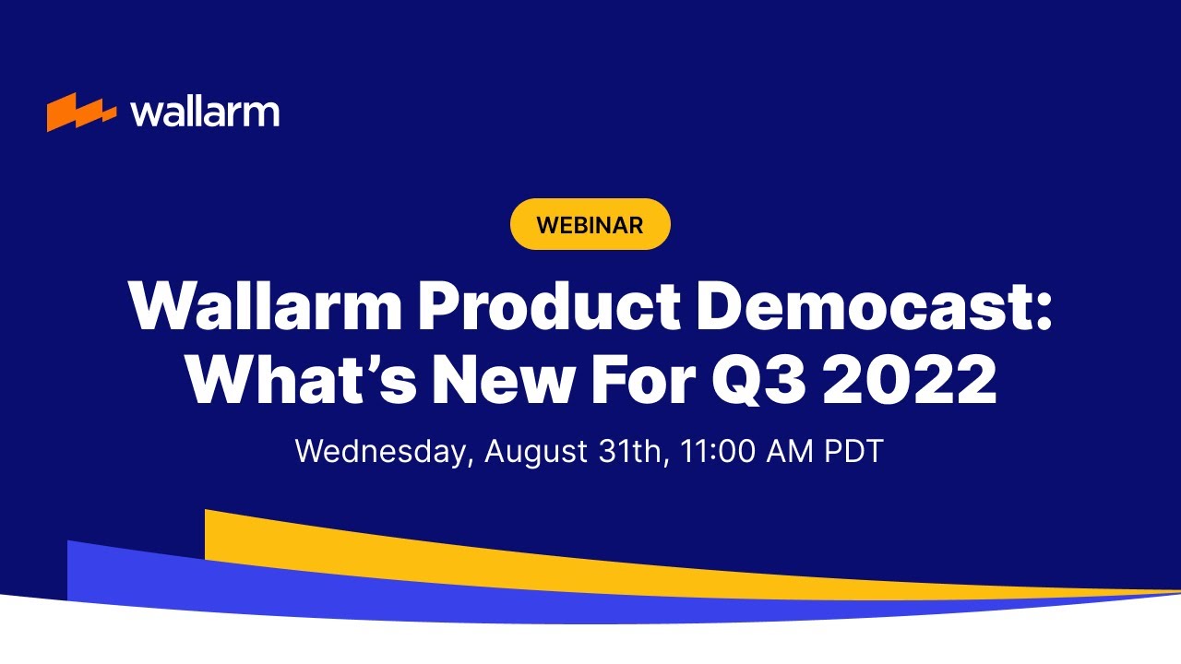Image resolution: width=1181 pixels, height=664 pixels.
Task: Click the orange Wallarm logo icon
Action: click(81, 112)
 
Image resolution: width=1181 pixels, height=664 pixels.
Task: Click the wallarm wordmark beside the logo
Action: click(205, 112)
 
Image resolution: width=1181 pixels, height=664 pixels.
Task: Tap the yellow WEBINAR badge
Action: click(590, 224)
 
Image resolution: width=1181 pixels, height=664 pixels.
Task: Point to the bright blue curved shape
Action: click(185, 576)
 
